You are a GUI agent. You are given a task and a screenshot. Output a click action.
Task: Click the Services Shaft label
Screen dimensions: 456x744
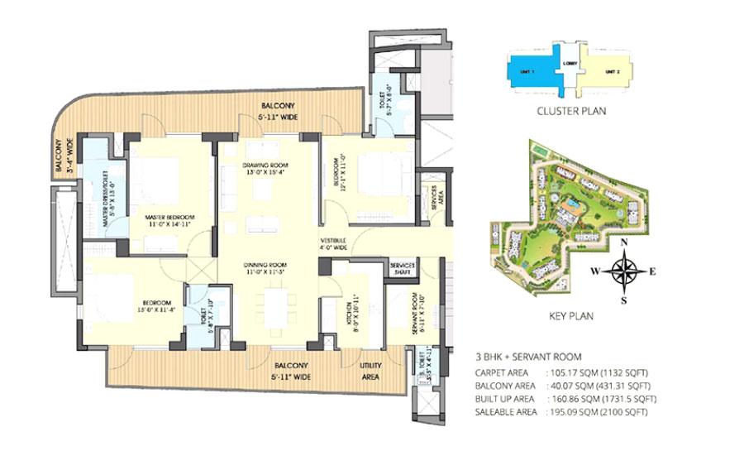click(x=402, y=269)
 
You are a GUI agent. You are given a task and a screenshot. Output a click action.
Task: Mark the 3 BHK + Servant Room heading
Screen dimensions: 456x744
click(x=523, y=357)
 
